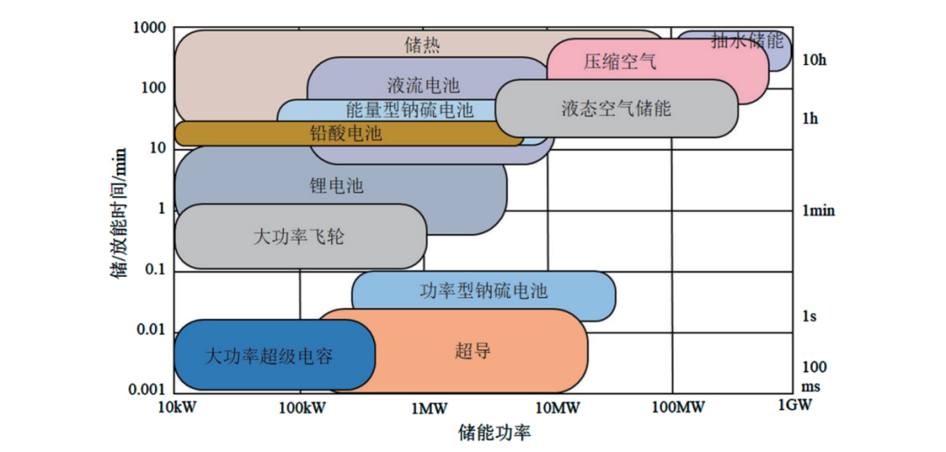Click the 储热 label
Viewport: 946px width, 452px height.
(422, 43)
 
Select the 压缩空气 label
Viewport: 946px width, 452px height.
(619, 62)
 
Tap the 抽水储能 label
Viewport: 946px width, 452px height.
(747, 39)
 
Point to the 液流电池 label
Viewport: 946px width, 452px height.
(423, 86)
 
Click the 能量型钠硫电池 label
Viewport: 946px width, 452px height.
(410, 109)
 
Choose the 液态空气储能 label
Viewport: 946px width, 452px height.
(616, 109)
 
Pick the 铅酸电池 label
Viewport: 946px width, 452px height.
(346, 134)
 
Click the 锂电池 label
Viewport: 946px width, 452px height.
(336, 186)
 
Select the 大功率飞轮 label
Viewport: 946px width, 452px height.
(299, 237)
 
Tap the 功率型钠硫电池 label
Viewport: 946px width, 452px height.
(484, 291)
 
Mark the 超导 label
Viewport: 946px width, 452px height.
(473, 352)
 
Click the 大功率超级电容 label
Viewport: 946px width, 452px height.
(269, 357)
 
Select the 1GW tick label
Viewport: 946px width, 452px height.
(794, 406)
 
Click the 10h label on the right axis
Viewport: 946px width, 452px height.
(814, 60)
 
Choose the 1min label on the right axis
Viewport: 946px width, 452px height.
(818, 210)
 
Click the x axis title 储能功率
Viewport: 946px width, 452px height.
(494, 433)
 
